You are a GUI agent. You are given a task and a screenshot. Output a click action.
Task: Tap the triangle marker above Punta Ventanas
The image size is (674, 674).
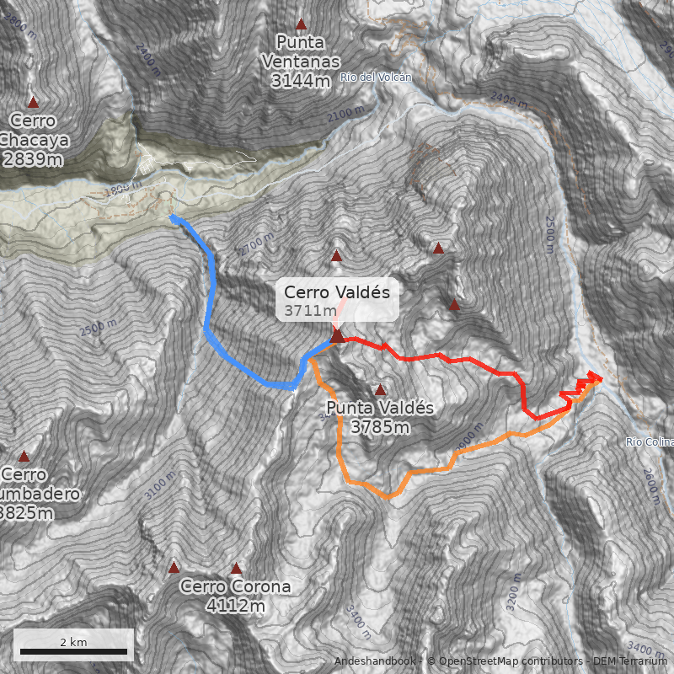pos(301,25)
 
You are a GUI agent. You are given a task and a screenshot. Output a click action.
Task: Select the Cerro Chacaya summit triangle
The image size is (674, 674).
pos(34,102)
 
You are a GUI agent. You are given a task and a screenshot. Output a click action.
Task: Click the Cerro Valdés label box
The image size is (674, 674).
pos(337,301)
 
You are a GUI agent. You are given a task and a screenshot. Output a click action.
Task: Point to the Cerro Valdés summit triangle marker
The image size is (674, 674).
pos(337,336)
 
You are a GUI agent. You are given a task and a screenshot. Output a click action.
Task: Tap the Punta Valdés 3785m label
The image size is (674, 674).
pos(380,417)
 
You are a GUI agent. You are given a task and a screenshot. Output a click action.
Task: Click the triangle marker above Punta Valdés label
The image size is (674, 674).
pos(380,390)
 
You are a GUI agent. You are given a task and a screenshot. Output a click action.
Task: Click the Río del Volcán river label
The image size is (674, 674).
pos(376,78)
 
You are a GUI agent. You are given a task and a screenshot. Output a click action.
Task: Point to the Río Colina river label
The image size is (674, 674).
pos(650,441)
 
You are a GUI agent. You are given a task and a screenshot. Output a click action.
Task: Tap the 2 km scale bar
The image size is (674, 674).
pos(73,650)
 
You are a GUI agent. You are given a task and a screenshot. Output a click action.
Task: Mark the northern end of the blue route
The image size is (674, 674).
pos(172,217)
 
